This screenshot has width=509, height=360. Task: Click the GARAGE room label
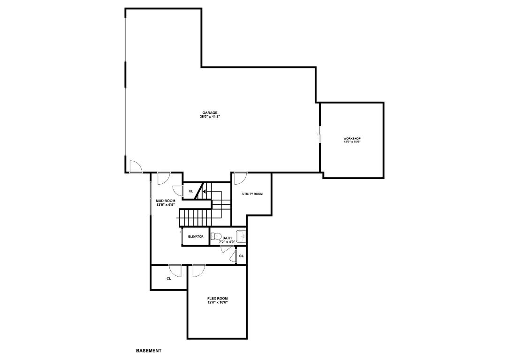[210, 112]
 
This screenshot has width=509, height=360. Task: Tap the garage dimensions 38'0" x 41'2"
[210, 116]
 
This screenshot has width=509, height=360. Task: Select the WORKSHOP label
[352, 138]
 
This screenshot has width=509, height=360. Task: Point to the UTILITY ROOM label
[252, 194]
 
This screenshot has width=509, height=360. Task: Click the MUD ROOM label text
[166, 201]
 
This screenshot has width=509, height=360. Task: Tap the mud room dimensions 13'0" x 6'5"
[166, 204]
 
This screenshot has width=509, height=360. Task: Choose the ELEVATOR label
[196, 237]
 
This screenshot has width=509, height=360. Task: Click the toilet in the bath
[215, 236]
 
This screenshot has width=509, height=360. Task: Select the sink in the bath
[241, 236]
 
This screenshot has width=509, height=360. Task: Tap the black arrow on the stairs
[204, 191]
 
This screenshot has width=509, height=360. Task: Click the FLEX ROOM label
[217, 299]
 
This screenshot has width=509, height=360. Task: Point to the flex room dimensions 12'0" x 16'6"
[217, 302]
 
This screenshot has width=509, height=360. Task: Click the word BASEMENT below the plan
[149, 351]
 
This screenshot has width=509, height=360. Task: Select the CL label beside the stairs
[191, 191]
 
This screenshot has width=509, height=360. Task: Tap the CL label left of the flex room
[168, 278]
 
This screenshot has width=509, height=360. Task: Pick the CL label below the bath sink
[241, 256]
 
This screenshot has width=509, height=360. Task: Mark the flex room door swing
[198, 270]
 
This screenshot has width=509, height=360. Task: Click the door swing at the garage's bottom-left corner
[136, 167]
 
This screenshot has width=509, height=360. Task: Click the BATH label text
[227, 238]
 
